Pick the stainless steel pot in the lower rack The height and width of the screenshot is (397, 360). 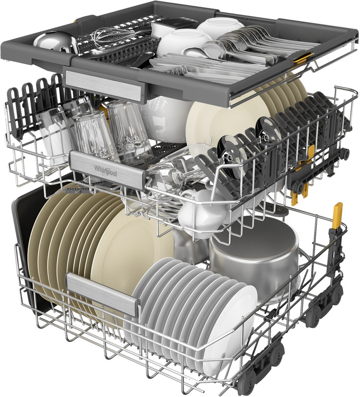coord(254,257)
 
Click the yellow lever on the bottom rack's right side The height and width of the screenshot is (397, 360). coord(337,216)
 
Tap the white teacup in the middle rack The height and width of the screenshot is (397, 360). coord(198,209)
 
